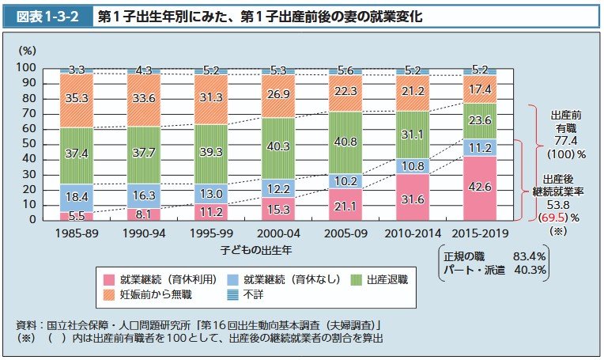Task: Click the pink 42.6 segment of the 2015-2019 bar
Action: point(480,188)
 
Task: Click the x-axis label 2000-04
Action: point(278,233)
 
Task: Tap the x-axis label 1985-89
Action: point(77,233)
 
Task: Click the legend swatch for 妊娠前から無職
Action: point(111,294)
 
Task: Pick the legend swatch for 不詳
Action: point(233,294)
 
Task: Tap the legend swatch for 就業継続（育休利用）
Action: point(111,279)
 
